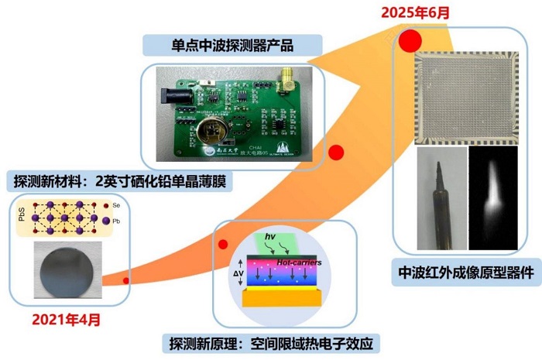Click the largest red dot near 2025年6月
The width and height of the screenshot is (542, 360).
[x=410, y=40]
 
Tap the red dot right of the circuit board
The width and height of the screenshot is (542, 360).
[x=336, y=153]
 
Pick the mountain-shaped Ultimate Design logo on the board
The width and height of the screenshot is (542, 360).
[x=280, y=149]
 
